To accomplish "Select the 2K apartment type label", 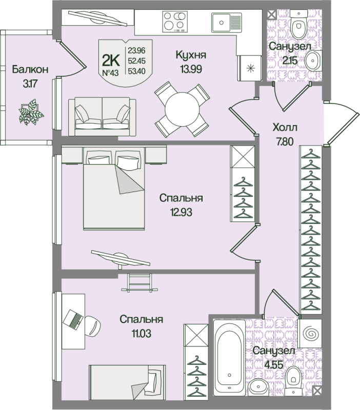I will pos(110,61).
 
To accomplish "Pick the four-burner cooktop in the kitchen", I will pos(173,22).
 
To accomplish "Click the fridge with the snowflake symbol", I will pos(250,68).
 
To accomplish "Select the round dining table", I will pos(183,109).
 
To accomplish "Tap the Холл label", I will pos(286,128).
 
